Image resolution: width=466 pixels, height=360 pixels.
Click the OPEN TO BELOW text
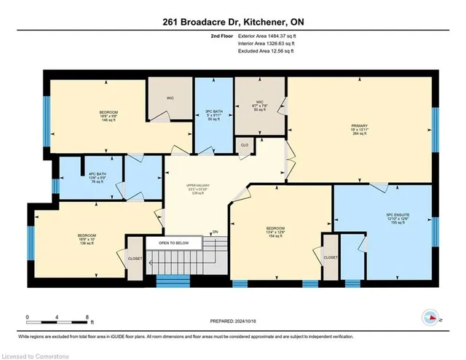click(x=173, y=243)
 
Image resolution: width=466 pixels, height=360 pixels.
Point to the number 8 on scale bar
click(x=87, y=317)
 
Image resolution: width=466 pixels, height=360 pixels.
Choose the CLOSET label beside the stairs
click(x=135, y=258)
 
